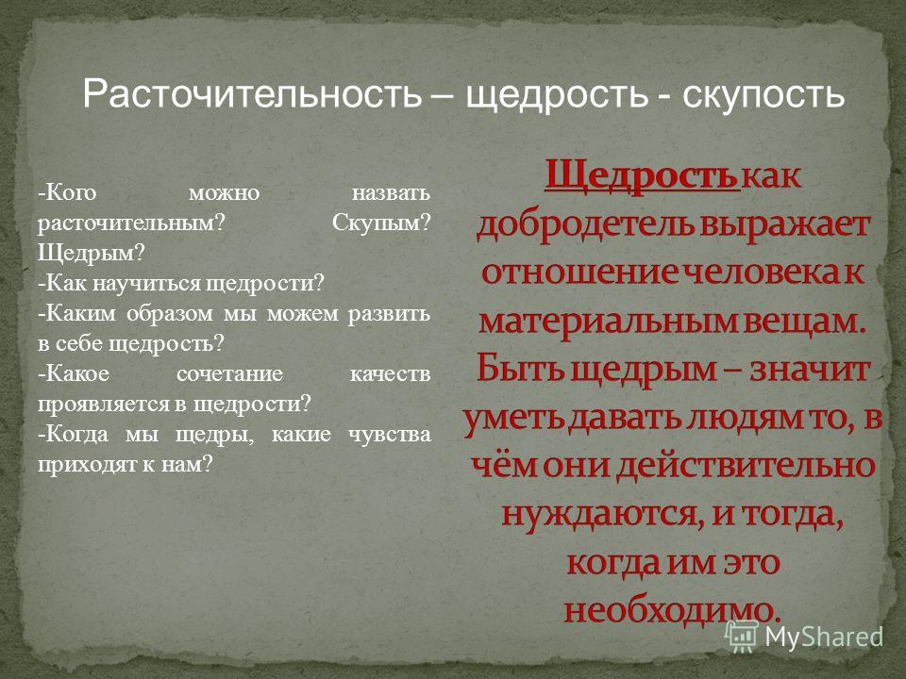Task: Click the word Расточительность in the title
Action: [253, 93]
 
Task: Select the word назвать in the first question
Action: [391, 192]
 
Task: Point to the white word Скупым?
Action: [381, 223]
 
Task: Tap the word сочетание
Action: [229, 373]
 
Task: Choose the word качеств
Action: [390, 374]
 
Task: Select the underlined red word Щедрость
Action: [642, 176]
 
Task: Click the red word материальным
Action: [609, 321]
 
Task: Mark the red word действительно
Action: [745, 465]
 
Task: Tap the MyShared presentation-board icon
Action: [742, 637]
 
